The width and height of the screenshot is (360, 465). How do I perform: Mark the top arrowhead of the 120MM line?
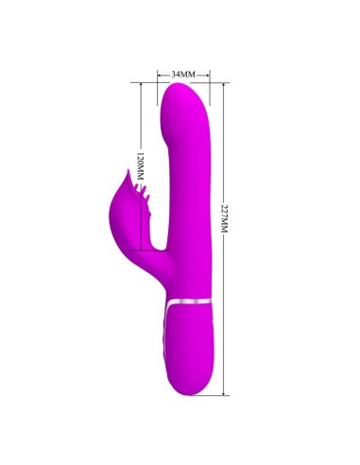138,86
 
